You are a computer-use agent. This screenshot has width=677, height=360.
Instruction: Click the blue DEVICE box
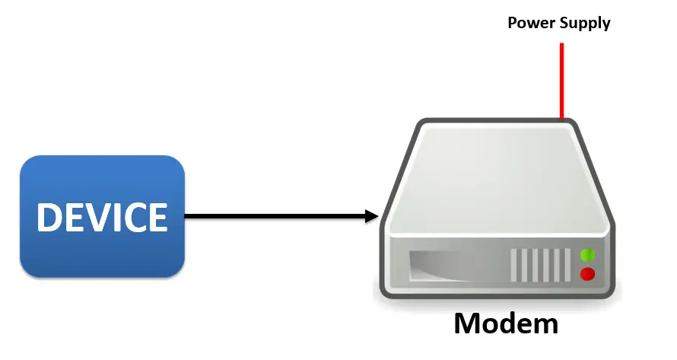click(x=103, y=216)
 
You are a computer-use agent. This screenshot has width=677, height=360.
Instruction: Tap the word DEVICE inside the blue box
click(x=103, y=217)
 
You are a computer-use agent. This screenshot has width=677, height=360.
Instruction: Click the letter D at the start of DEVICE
click(x=49, y=217)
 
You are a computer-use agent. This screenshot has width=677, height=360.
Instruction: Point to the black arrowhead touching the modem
click(x=372, y=216)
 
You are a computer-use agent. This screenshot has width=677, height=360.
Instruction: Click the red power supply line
click(x=561, y=81)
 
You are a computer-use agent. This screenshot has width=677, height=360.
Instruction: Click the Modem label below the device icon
click(x=506, y=323)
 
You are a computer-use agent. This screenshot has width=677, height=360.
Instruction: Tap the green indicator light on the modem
click(x=587, y=255)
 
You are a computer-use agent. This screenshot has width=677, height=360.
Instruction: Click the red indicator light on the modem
click(x=587, y=274)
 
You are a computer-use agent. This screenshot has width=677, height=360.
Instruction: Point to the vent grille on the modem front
click(x=541, y=265)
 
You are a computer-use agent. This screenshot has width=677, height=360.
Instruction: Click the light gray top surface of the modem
click(x=497, y=177)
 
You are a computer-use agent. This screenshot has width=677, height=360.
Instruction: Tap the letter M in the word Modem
click(x=468, y=323)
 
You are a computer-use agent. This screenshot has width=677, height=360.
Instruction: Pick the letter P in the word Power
click(x=512, y=23)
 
